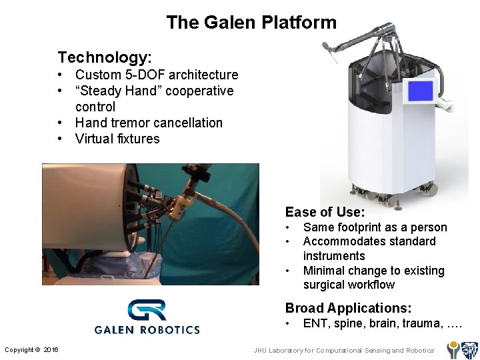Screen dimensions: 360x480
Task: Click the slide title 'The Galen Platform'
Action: pyautogui.click(x=251, y=23)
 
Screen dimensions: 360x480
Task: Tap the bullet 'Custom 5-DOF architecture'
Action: pyautogui.click(x=156, y=75)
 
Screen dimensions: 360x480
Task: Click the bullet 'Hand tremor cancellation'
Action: pyautogui.click(x=149, y=123)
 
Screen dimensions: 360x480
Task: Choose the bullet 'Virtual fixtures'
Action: pyautogui.click(x=117, y=139)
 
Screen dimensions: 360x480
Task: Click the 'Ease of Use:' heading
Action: pyautogui.click(x=325, y=212)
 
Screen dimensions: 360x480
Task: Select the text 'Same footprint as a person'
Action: pyautogui.click(x=375, y=227)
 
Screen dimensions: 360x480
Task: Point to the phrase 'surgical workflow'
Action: pyautogui.click(x=349, y=285)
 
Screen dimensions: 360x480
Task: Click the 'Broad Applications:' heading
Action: pyautogui.click(x=348, y=308)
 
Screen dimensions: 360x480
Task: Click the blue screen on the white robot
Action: pyautogui.click(x=420, y=91)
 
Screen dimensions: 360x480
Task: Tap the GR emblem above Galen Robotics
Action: pyautogui.click(x=147, y=311)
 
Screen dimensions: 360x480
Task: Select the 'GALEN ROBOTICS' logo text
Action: pyautogui.click(x=147, y=329)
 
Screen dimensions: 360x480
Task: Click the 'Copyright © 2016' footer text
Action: pyautogui.click(x=31, y=350)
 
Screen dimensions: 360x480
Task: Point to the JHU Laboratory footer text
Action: pyautogui.click(x=343, y=350)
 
